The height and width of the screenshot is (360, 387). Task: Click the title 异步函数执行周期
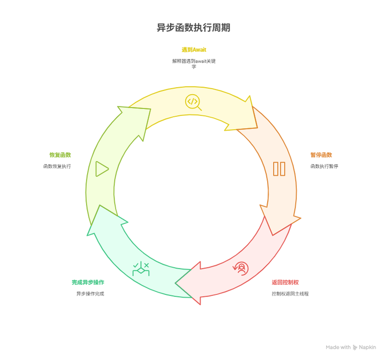(193, 28)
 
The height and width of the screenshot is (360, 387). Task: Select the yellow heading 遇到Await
(193, 50)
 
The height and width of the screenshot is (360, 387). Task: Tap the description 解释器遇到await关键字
(193, 63)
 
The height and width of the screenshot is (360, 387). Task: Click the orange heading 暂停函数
(321, 155)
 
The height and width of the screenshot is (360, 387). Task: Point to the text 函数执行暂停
(324, 166)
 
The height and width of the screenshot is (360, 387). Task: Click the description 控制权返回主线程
(290, 294)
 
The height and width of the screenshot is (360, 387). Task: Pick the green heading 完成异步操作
(88, 283)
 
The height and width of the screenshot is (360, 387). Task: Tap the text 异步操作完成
(90, 294)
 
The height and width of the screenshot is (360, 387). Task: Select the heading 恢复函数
(60, 155)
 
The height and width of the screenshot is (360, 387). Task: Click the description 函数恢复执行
(57, 166)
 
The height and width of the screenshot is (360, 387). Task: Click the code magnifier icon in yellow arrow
(193, 101)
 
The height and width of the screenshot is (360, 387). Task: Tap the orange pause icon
(279, 169)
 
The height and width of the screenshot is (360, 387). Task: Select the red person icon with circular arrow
(241, 268)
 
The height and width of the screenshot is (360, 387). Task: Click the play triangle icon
(102, 169)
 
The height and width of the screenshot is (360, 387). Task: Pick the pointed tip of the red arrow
(177, 283)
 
